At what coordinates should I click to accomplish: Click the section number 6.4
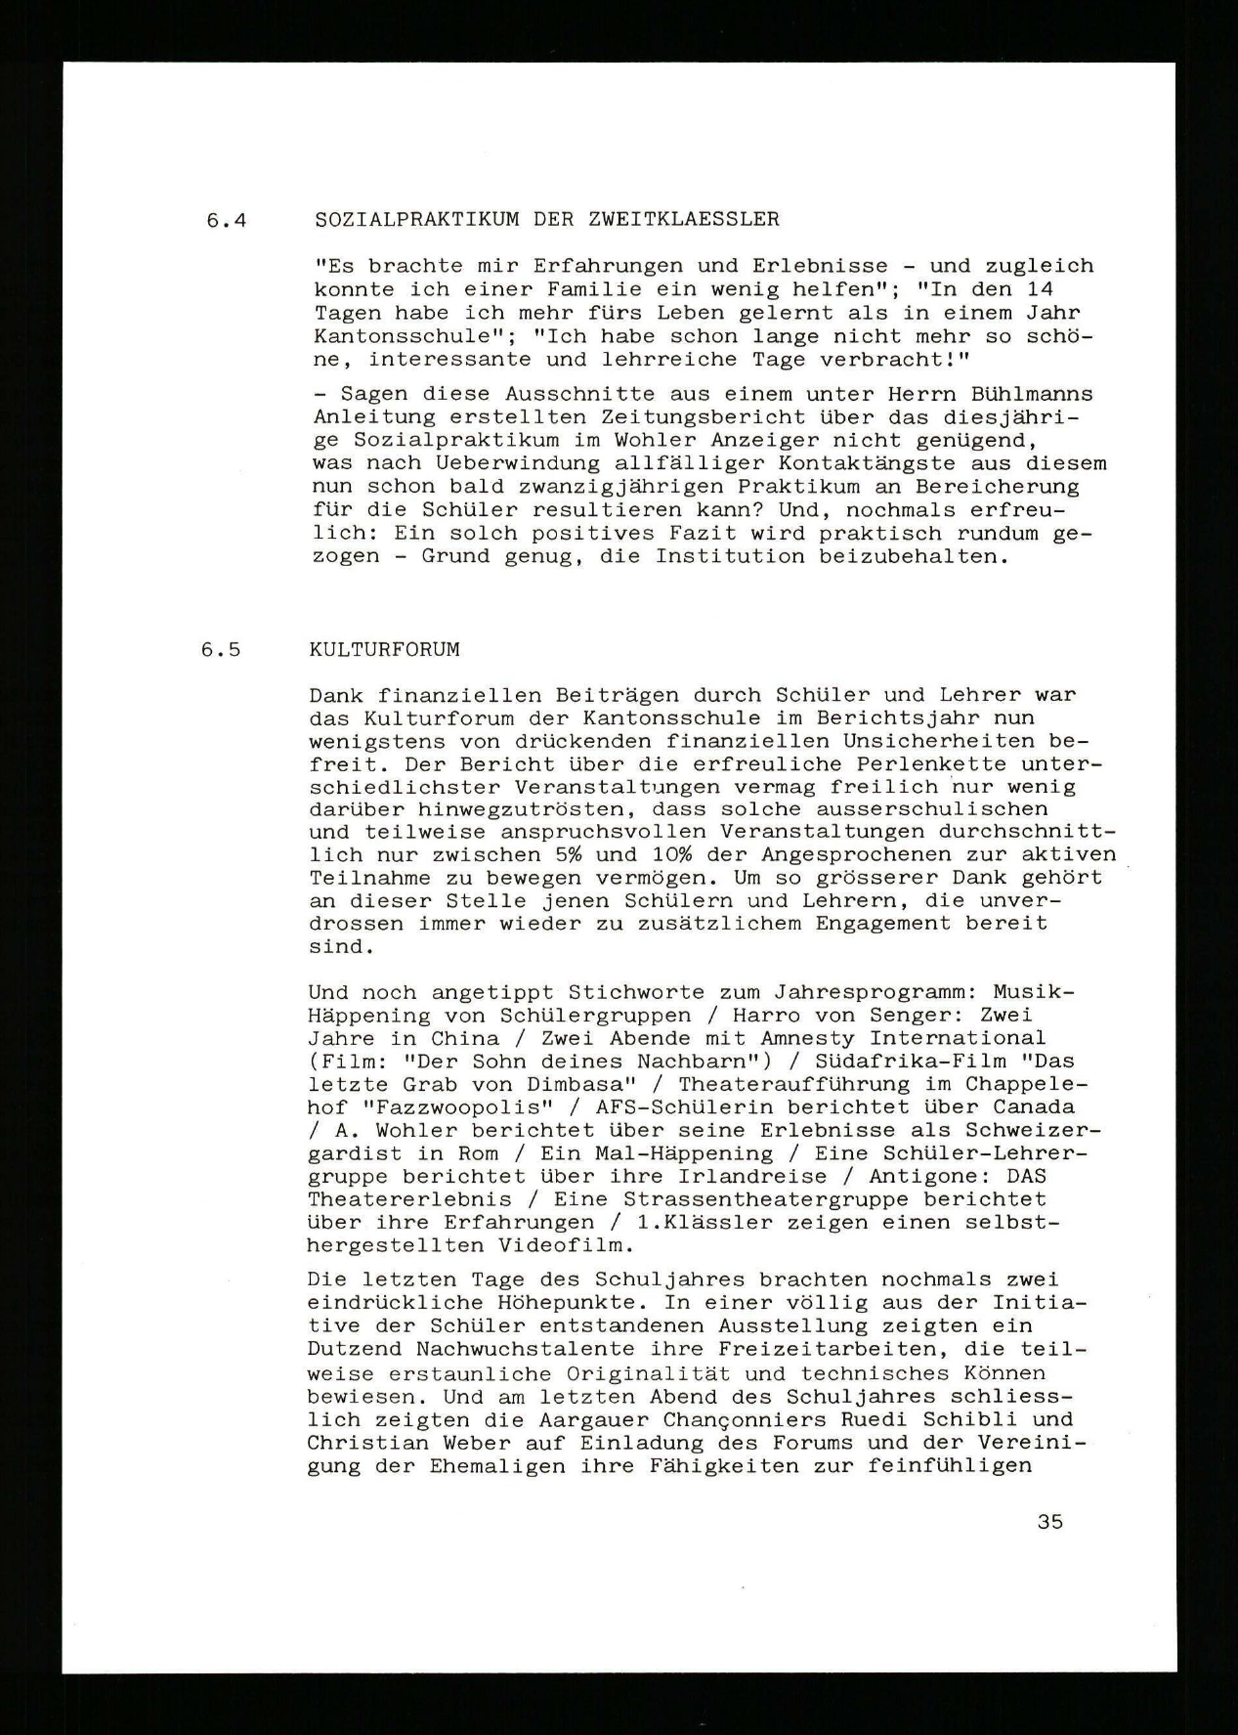tap(227, 221)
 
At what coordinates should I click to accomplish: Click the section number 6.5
tap(221, 650)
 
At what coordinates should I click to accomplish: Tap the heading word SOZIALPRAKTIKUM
tap(417, 220)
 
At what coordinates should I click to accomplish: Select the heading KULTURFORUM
tap(384, 650)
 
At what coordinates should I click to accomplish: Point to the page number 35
tap(1050, 1522)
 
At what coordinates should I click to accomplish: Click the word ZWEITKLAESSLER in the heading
tap(684, 220)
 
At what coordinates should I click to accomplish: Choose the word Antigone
tap(931, 1176)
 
